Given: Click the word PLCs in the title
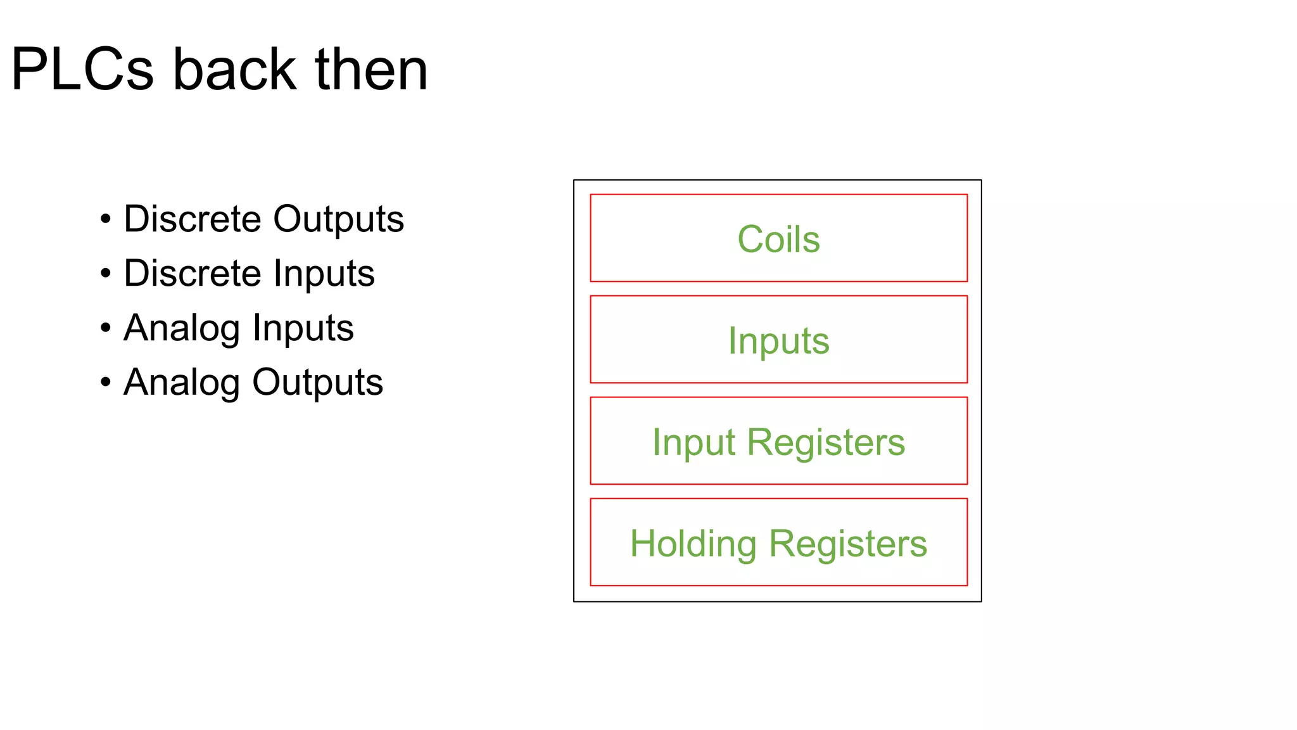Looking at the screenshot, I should point(82,70).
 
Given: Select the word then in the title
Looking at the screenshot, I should point(371,70).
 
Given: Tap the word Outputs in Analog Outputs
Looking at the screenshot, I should point(317,383).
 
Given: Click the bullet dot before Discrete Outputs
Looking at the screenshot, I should point(106,219).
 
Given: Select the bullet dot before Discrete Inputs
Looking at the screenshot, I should point(106,274).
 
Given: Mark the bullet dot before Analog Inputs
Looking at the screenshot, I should point(106,328).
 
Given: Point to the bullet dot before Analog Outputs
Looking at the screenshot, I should point(106,383).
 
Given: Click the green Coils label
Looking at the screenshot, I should point(778,240).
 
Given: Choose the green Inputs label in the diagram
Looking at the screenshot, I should point(778,341).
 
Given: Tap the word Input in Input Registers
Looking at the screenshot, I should point(693,442).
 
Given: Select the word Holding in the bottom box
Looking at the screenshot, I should point(693,544).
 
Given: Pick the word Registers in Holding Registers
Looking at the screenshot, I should point(848,543).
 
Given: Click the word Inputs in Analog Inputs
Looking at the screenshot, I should point(303,328).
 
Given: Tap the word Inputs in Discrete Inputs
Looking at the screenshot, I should point(324,274).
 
